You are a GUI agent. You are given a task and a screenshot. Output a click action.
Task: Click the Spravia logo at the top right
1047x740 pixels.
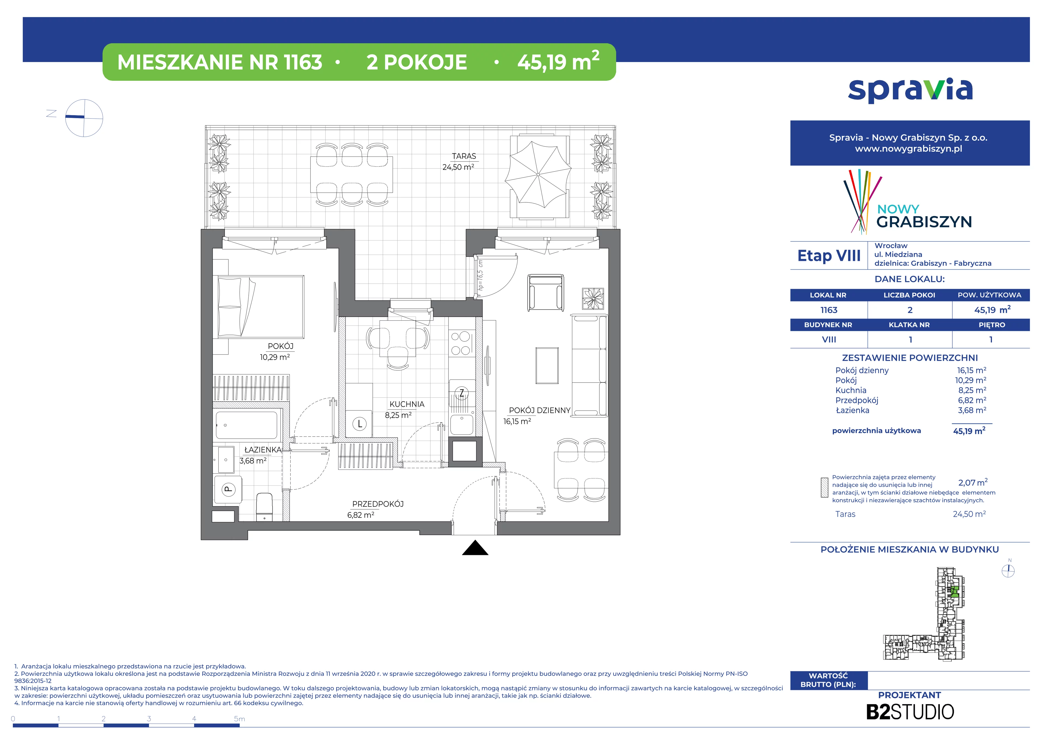point(910,90)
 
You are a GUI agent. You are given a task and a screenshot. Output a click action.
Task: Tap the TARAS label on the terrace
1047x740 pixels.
point(464,156)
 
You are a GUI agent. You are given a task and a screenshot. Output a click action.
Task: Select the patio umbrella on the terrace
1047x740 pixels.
point(538,174)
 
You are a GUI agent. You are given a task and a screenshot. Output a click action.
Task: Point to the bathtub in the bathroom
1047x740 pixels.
point(246,425)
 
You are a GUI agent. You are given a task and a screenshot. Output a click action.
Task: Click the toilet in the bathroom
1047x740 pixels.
point(264,506)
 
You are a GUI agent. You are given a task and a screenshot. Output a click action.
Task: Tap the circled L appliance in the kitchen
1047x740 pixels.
point(360,423)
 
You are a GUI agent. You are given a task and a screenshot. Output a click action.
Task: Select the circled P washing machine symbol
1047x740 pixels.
point(228,489)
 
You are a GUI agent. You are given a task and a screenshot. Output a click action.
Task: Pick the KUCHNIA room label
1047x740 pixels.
point(407,404)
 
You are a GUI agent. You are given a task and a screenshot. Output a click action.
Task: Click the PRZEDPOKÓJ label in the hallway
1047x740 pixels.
point(378,504)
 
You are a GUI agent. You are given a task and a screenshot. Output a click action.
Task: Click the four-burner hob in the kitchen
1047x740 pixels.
point(461,343)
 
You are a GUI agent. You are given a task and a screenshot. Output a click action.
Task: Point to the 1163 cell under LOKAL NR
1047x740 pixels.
point(829,310)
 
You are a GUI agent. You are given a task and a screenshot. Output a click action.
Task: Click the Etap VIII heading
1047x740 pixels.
point(829,256)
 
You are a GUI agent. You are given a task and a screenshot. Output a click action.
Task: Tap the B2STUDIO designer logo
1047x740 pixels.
point(910,712)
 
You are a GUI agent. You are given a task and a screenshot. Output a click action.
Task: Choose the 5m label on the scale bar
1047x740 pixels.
point(239,719)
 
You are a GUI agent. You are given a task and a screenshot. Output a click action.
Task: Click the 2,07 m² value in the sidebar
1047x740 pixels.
point(973,482)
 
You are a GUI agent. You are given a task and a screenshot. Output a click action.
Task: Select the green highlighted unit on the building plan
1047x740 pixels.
point(954,592)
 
